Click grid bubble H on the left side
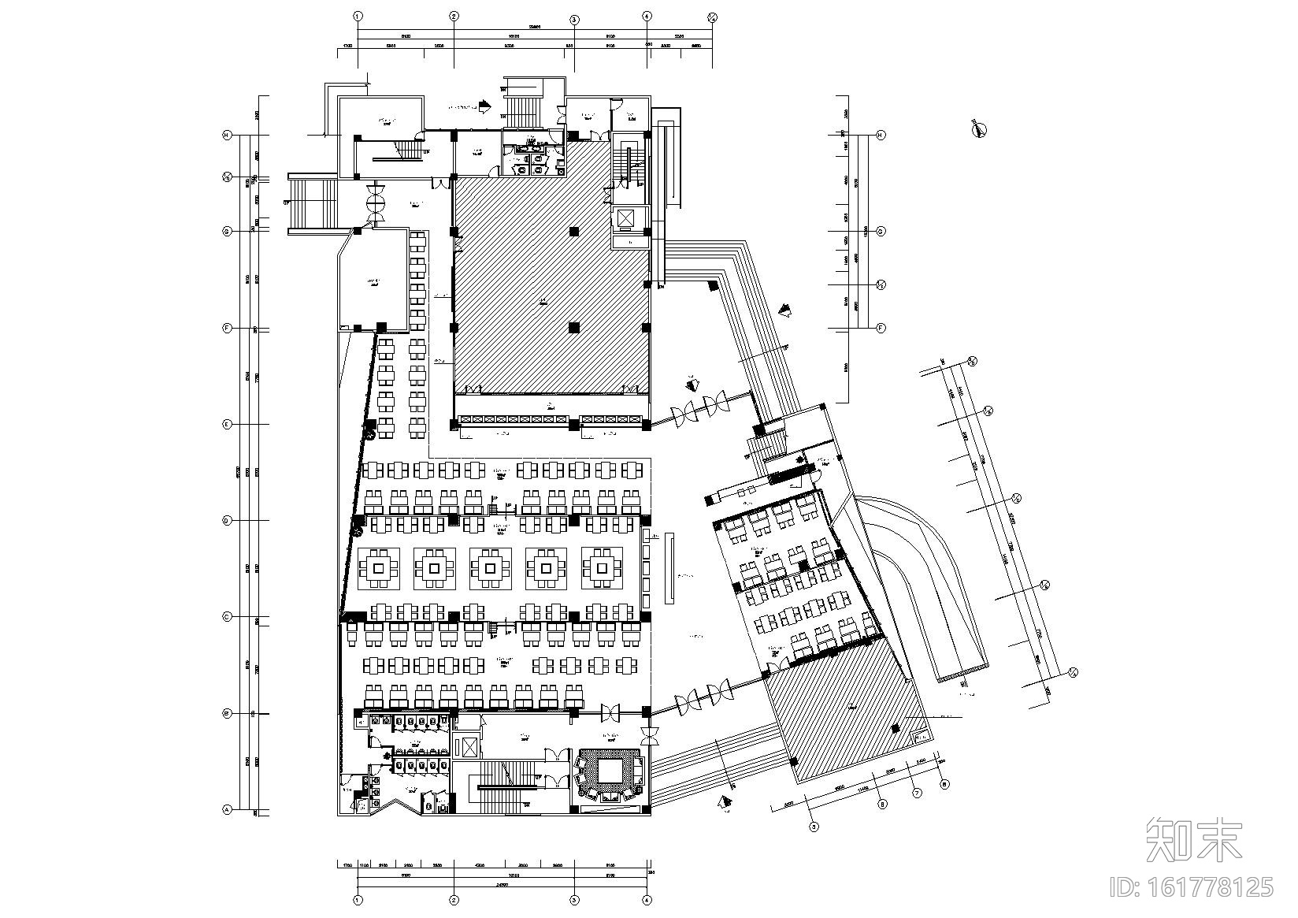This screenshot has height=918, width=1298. (227, 136)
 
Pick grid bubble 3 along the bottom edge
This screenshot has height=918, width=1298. (574, 900)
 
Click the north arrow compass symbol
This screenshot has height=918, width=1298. (980, 130)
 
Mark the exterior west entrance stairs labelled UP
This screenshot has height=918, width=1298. (313, 203)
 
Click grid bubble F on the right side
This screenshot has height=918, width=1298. (881, 328)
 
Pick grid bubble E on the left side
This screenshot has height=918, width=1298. (227, 424)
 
